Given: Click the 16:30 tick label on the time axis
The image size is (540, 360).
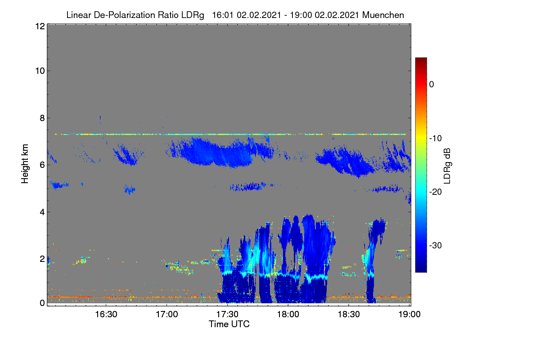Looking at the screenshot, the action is click(x=106, y=315).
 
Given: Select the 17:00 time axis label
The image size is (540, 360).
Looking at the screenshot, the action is click(x=167, y=315).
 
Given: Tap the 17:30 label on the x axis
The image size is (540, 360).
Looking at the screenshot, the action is click(x=227, y=315).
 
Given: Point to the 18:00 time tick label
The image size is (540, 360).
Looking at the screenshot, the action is click(x=288, y=315).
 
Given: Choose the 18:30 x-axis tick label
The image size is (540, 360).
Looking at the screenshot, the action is click(x=349, y=315).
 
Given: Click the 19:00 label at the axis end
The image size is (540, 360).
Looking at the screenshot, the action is click(x=409, y=315).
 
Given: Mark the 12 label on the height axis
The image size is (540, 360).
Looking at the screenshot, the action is click(x=40, y=26).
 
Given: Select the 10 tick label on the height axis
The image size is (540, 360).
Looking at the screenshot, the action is click(x=40, y=71).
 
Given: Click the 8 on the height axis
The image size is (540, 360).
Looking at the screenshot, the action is click(x=43, y=118).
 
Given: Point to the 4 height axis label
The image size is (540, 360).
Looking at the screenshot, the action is click(x=43, y=212).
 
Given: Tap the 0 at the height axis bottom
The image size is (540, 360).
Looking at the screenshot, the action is click(x=43, y=303).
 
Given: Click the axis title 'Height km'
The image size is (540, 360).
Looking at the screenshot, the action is click(x=25, y=164).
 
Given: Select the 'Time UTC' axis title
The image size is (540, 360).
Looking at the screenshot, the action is click(x=229, y=324).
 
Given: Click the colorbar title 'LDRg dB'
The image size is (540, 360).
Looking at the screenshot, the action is click(x=447, y=166).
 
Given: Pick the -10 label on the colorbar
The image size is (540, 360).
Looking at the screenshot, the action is click(x=436, y=139).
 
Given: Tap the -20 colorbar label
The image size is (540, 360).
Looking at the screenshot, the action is click(x=436, y=192).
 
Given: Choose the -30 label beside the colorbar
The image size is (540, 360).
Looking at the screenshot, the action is click(x=436, y=245).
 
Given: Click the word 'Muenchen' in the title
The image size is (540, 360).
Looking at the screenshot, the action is click(x=383, y=15).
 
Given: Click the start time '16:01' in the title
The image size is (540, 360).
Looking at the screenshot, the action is click(x=223, y=15).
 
